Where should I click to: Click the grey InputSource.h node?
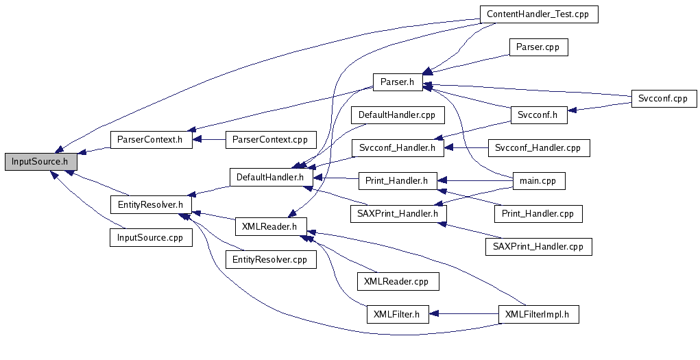click(40, 163)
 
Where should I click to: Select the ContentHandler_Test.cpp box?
click(538, 14)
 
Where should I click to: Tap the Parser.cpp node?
click(538, 48)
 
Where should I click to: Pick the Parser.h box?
click(397, 82)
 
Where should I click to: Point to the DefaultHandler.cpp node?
click(397, 115)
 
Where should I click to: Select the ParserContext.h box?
click(150, 140)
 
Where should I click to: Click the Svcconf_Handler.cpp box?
click(538, 147)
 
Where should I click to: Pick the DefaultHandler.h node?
click(270, 178)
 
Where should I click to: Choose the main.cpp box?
click(538, 181)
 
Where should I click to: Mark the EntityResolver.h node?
click(150, 204)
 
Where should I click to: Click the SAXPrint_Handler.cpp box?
click(538, 246)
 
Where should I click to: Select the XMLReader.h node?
click(270, 226)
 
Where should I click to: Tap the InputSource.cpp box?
click(150, 237)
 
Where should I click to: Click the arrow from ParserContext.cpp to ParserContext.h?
click(209, 140)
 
